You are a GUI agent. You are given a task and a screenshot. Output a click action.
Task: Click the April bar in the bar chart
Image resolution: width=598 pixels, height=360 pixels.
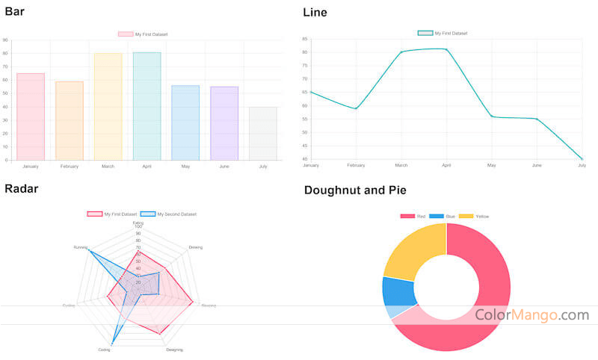point(147,106)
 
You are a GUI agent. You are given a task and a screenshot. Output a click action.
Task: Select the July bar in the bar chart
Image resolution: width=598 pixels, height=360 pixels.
point(262,133)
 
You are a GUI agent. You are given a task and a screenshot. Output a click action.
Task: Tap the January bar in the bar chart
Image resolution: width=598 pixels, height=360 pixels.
point(31,117)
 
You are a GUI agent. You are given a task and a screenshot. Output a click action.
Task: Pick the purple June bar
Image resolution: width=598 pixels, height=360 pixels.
point(224,123)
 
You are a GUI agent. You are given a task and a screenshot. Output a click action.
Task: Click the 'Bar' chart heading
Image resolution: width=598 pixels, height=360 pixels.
point(14,11)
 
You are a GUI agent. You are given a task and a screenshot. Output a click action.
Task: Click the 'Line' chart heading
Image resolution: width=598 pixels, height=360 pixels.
point(315,12)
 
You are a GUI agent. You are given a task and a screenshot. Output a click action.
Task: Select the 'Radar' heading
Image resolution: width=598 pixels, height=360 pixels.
point(21,188)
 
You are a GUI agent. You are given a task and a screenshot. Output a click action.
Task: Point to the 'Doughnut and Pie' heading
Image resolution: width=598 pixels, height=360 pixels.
point(355,190)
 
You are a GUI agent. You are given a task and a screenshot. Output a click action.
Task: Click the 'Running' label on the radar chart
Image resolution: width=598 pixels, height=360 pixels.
point(80,246)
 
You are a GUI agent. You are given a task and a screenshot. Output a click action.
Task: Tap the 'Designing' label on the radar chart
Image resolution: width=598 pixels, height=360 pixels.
point(174,350)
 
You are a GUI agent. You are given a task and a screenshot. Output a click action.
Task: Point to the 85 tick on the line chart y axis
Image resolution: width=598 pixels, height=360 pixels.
point(304,39)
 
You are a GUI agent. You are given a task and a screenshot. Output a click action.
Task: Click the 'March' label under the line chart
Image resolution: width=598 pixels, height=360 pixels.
point(401,165)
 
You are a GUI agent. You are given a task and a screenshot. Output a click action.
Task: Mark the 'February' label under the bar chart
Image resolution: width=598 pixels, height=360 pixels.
point(70,166)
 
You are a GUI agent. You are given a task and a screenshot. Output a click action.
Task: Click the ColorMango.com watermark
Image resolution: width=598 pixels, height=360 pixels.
point(531,315)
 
